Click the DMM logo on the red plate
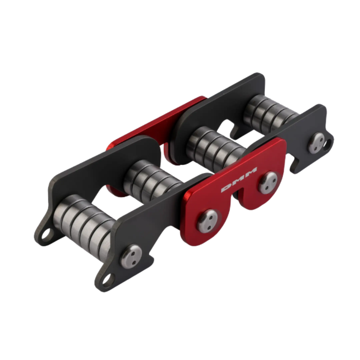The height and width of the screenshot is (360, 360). (239, 180)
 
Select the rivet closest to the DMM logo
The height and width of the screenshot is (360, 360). (268, 183)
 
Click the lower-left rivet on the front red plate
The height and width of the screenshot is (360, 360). (207, 220)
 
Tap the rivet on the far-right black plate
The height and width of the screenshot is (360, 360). (316, 143)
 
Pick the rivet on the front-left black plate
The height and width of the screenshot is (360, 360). (131, 256)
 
